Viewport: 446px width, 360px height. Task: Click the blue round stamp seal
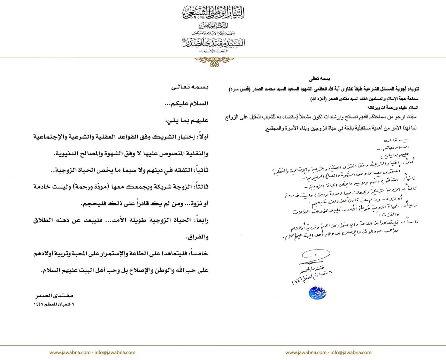pos(317,293)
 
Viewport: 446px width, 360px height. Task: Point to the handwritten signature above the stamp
pos(315,256)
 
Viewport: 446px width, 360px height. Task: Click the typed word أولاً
pos(201,137)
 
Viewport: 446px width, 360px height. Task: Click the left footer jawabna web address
pos(92,352)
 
